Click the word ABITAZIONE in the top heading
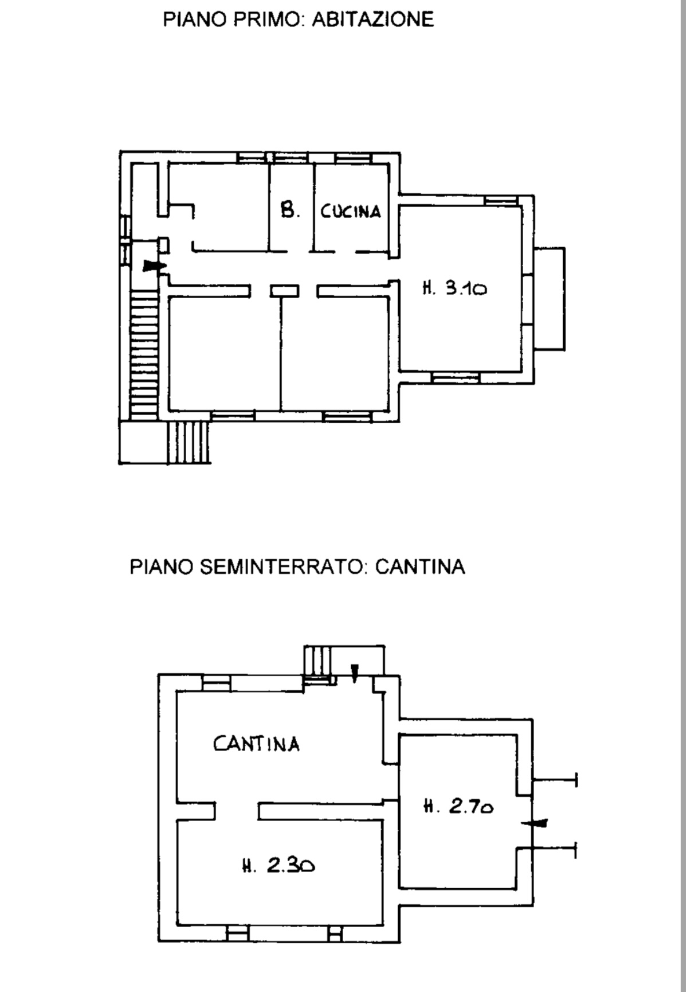pos(373,19)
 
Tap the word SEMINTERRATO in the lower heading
pos(282,567)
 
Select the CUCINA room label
pos(351,211)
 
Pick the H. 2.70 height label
pos(458,807)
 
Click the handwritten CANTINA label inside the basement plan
pos(257,744)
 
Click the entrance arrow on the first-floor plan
pos(154,265)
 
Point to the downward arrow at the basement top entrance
pos(355,673)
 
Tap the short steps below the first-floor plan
pos(190,442)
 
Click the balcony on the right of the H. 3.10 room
pos(549,299)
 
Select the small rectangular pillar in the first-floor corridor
pos(285,291)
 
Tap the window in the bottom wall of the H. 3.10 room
pos(456,377)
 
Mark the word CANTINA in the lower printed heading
pos(420,567)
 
